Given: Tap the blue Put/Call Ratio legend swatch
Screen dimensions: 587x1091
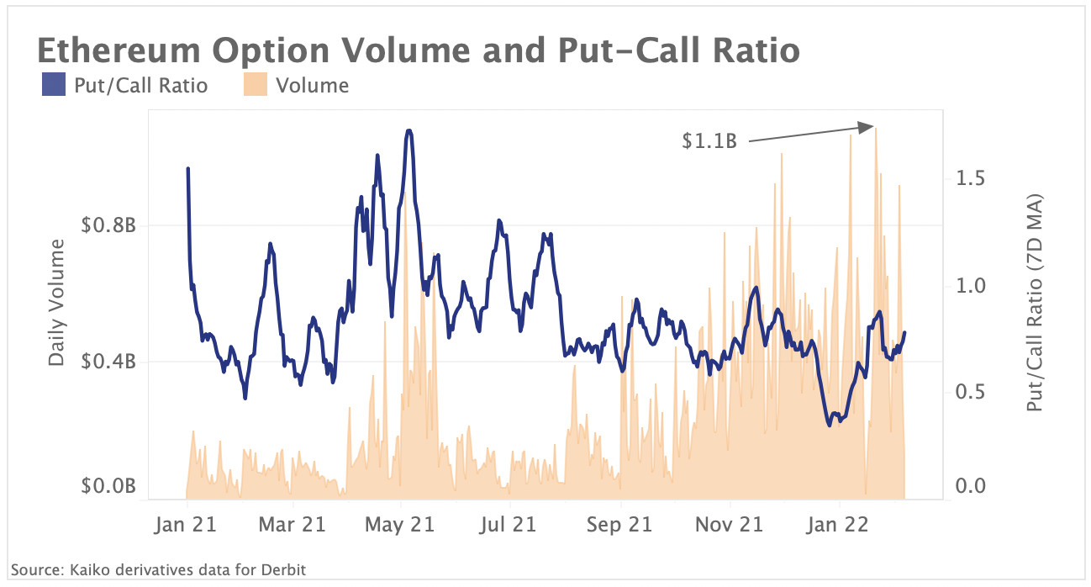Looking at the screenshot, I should click(x=53, y=85).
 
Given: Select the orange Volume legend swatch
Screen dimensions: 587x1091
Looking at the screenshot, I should click(x=255, y=85).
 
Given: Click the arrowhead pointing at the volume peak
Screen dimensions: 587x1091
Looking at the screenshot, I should click(x=867, y=127).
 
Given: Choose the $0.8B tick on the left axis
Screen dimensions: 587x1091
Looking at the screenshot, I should click(x=108, y=225).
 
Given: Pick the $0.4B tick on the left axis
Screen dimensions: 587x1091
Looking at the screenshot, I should click(x=108, y=362).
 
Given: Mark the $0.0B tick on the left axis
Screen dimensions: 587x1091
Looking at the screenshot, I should click(x=108, y=486).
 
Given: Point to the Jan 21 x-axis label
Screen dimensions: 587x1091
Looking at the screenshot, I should click(x=186, y=525).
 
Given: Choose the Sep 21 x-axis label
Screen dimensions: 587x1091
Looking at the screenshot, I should click(x=619, y=525).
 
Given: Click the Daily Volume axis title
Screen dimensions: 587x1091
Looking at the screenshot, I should click(x=56, y=302).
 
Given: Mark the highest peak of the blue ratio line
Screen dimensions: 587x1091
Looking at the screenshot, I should click(x=408, y=131).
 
